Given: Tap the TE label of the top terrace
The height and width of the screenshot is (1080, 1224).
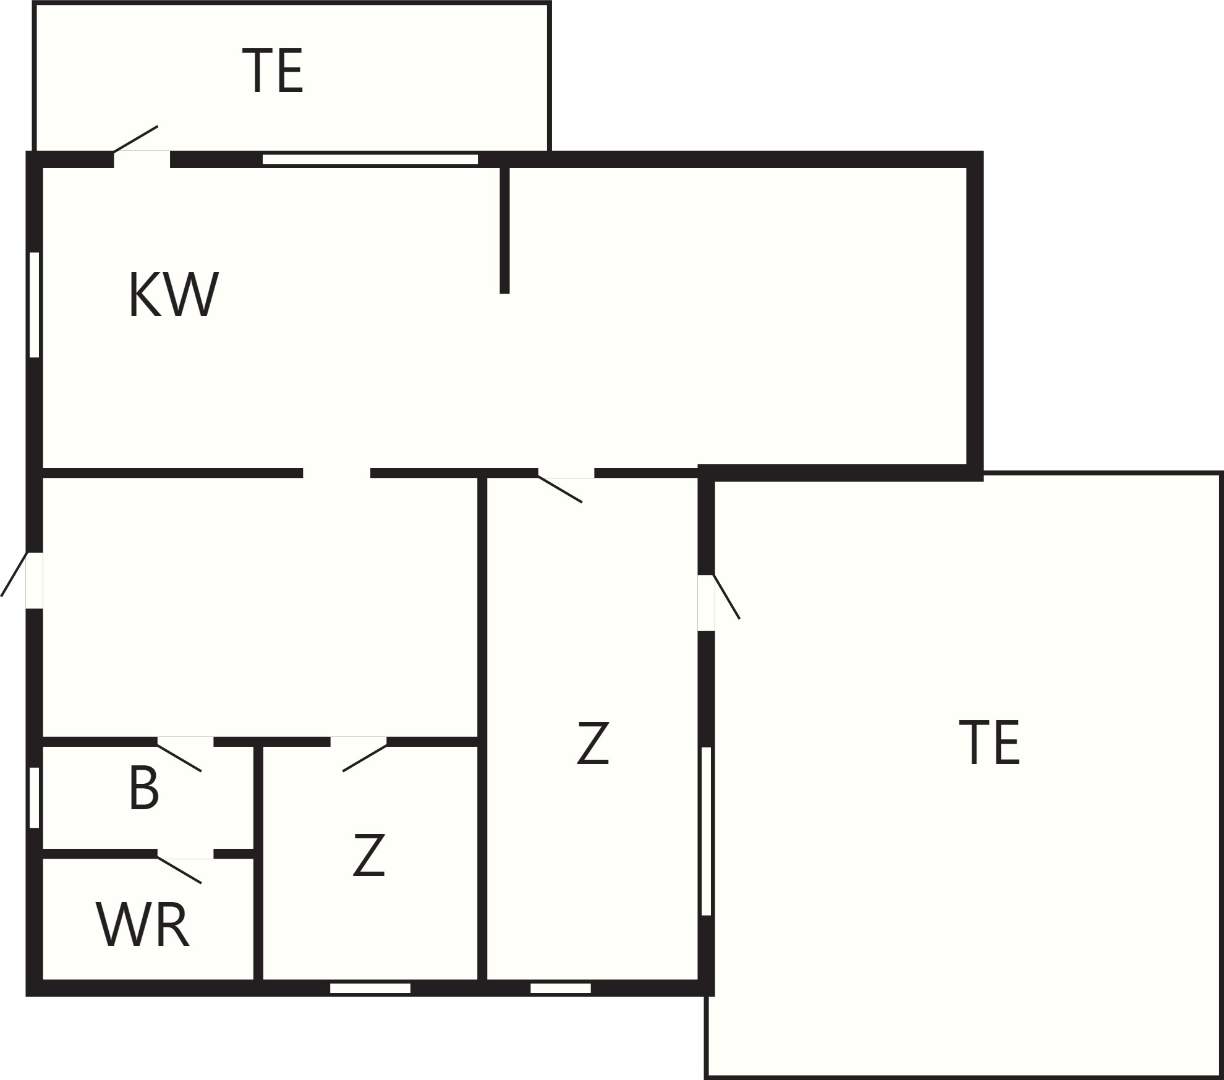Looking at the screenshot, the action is [273, 71].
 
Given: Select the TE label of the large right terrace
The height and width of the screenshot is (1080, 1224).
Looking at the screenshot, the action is [989, 742].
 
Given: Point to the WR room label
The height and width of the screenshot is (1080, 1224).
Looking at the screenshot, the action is [142, 925].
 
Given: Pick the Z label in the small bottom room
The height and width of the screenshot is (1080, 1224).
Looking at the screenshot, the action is [369, 855].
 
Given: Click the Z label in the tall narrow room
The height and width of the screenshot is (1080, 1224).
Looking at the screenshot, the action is [593, 743].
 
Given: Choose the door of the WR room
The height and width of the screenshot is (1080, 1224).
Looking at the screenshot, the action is [179, 870].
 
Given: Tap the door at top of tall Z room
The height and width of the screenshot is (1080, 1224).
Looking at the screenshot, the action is [560, 488].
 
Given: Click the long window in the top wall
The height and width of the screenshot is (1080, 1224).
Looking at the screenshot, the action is [370, 159].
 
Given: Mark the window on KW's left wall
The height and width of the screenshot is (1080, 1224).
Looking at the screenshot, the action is [35, 304].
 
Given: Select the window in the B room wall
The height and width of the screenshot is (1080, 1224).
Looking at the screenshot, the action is [35, 797].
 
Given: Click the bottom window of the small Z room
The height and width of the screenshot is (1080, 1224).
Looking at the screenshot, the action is [370, 988].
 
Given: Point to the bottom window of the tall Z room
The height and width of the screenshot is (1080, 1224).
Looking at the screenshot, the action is [561, 988].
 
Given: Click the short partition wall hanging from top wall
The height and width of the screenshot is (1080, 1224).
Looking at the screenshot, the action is [504, 229].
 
